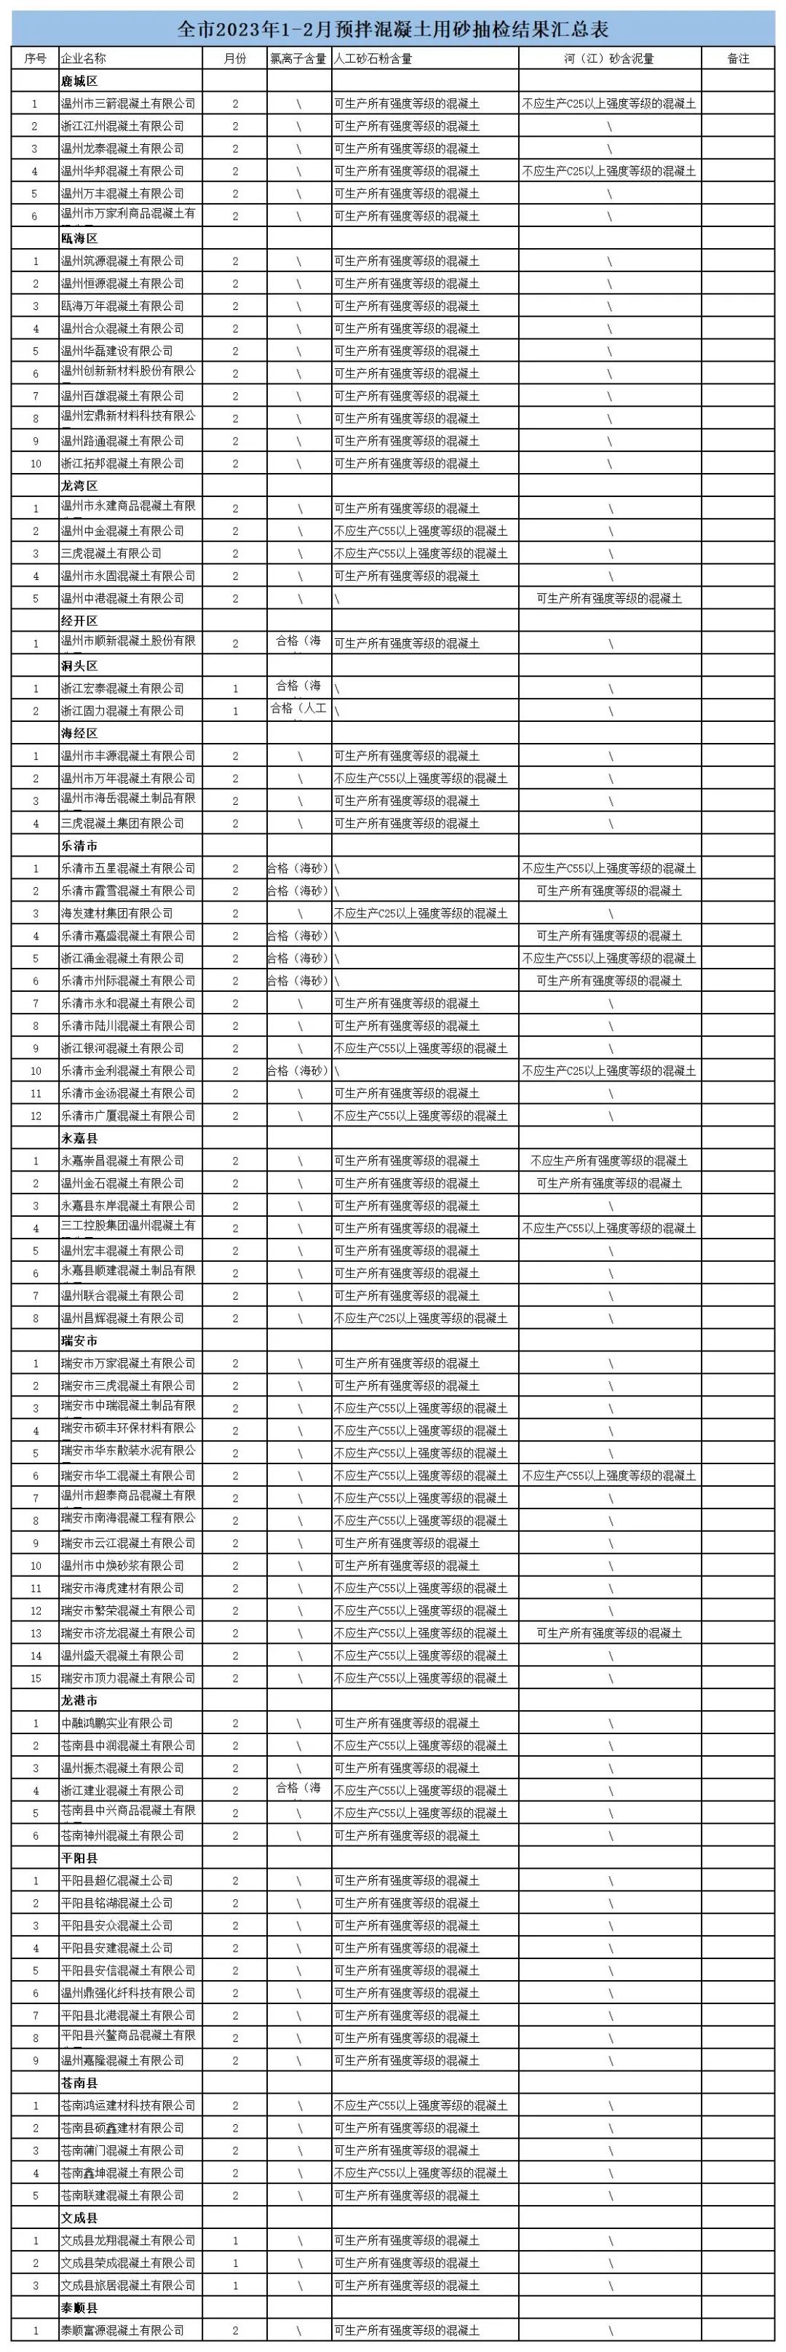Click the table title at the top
pos(392,30)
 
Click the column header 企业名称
pos(84,58)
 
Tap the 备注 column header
pos(738,58)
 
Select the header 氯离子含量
pos(298,58)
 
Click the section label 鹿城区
pos(79,82)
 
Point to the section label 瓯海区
pos(79,238)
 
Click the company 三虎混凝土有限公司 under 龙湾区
pos(111,553)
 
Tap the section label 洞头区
pos(79,666)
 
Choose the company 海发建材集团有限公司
pos(117,913)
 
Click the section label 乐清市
pos(79,846)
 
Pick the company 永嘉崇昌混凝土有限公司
pos(122,1161)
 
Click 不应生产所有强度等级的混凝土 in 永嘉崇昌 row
pos(609,1161)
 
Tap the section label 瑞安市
pos(79,1340)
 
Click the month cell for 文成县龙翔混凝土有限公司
pos(236,2241)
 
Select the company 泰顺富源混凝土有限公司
pos(122,2330)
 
